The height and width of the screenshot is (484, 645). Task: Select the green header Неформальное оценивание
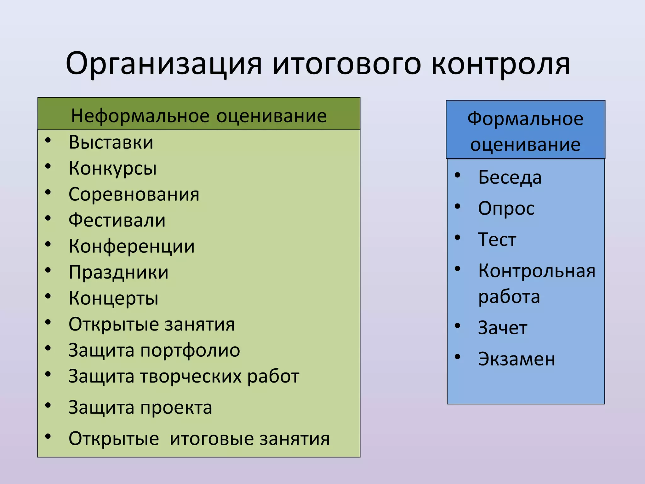(x=199, y=116)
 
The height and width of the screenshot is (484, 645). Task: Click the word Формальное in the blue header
(x=525, y=119)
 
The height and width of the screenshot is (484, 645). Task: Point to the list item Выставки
(x=111, y=142)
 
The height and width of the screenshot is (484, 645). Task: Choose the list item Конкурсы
(x=112, y=168)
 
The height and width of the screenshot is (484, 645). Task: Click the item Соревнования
(x=134, y=194)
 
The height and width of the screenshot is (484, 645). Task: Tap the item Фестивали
(x=117, y=220)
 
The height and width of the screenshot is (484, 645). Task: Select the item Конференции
(x=132, y=246)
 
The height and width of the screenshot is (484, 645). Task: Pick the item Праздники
(x=118, y=272)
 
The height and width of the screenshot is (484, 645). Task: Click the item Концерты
(x=113, y=298)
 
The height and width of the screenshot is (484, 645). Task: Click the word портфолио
(x=190, y=351)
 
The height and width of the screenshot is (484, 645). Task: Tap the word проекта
(x=176, y=408)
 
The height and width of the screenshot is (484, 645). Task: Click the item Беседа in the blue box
(x=510, y=177)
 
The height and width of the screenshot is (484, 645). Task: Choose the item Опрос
(x=506, y=209)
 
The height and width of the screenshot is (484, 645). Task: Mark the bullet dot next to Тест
(x=458, y=238)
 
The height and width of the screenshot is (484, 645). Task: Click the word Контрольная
(x=537, y=271)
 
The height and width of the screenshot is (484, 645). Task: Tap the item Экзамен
(x=517, y=359)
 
